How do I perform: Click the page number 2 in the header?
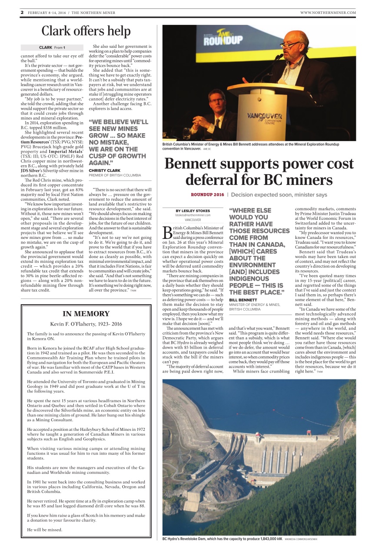[22, 13]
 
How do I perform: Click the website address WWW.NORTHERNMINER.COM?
[328, 13]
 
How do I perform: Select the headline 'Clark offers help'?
[86, 31]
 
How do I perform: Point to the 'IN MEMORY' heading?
[86, 314]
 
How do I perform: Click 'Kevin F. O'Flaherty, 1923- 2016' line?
[86, 324]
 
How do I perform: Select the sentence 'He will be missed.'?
[45, 530]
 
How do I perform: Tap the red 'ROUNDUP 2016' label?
[207, 195]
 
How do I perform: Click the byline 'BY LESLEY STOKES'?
[193, 211]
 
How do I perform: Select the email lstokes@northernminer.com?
[193, 215]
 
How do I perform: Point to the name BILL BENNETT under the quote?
[243, 300]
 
